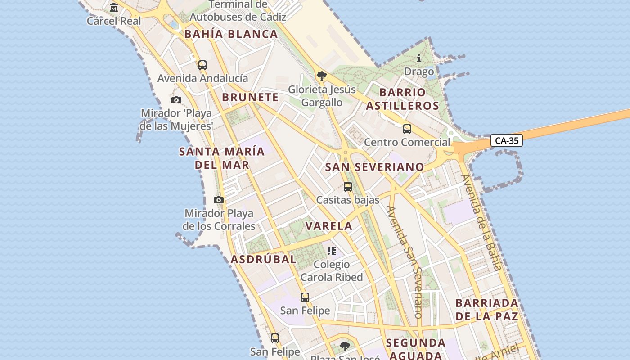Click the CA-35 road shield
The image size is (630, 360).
coord(507,141)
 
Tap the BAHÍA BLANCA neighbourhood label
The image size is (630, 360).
coord(231,34)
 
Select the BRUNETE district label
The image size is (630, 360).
coord(250,97)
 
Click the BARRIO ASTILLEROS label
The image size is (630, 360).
coord(402,99)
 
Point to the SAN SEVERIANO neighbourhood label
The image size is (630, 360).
coord(374,167)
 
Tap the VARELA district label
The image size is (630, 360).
coord(329,226)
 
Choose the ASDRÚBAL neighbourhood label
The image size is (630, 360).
coord(263,259)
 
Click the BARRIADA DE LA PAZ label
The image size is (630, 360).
coord(487,309)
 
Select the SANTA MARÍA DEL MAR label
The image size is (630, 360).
coord(222,158)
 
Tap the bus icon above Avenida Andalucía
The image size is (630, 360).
coord(202,65)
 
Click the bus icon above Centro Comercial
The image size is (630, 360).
coord(407,129)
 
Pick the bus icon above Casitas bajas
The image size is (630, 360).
coord(347,186)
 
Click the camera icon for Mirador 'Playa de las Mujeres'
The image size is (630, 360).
coord(176,100)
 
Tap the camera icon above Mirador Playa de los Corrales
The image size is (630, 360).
coord(219,200)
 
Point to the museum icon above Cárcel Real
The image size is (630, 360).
coord(114,8)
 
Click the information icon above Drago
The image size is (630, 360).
coord(419,58)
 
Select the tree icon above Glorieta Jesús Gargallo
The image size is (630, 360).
coord(321,76)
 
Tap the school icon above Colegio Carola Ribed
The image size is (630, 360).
coord(332,251)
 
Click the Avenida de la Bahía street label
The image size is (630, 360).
coord(481,222)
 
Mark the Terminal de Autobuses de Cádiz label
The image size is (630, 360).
coord(238,11)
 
